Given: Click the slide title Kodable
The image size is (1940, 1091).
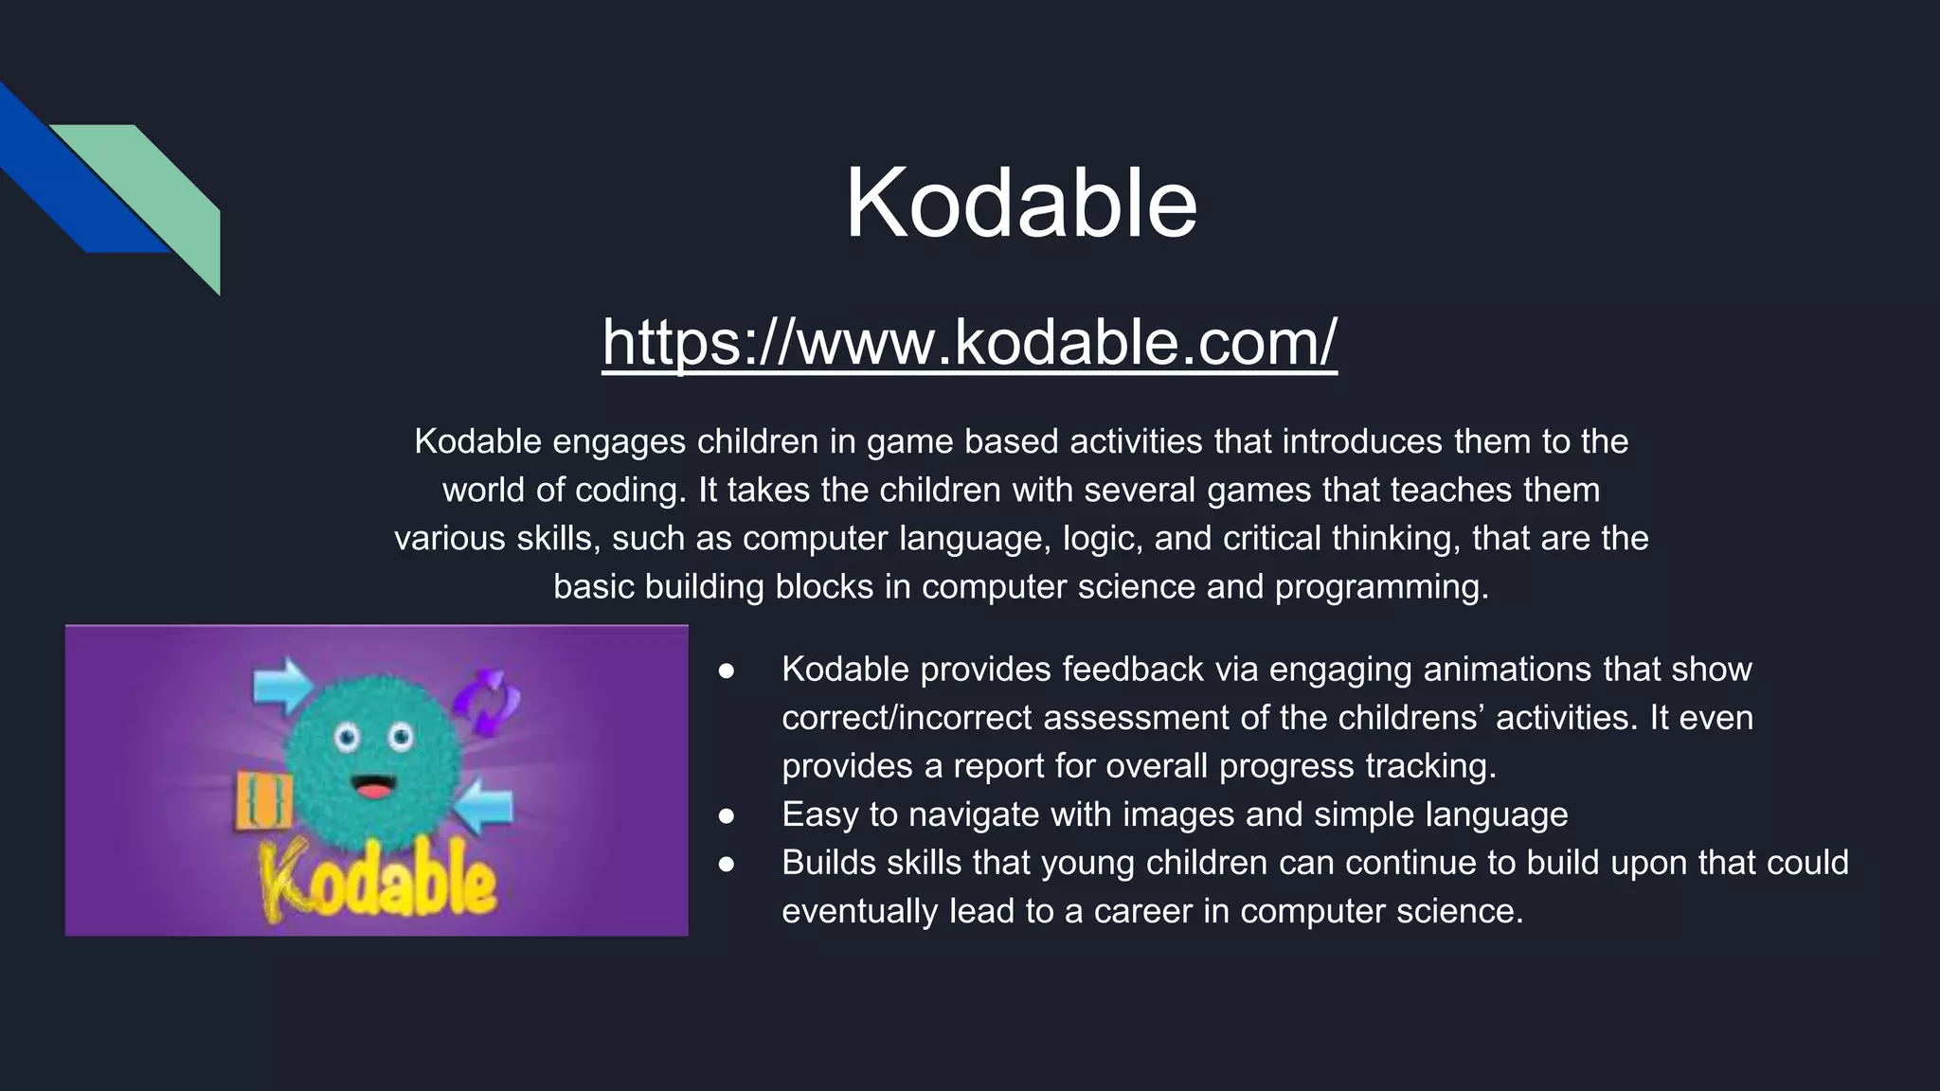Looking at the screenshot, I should coord(1021,204).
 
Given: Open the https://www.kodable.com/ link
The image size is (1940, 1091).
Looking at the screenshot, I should coord(969,342).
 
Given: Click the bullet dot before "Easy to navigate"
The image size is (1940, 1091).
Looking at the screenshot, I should coord(727,815).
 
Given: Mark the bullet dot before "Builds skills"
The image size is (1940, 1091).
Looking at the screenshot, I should coord(727,864).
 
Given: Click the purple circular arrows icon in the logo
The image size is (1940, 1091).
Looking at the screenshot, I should coord(487,701).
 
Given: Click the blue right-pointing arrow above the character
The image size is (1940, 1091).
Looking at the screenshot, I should coord(282,684).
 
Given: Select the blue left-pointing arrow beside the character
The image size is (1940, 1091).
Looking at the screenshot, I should coord(485,807).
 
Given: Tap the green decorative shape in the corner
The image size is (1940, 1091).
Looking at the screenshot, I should coord(161,189).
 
